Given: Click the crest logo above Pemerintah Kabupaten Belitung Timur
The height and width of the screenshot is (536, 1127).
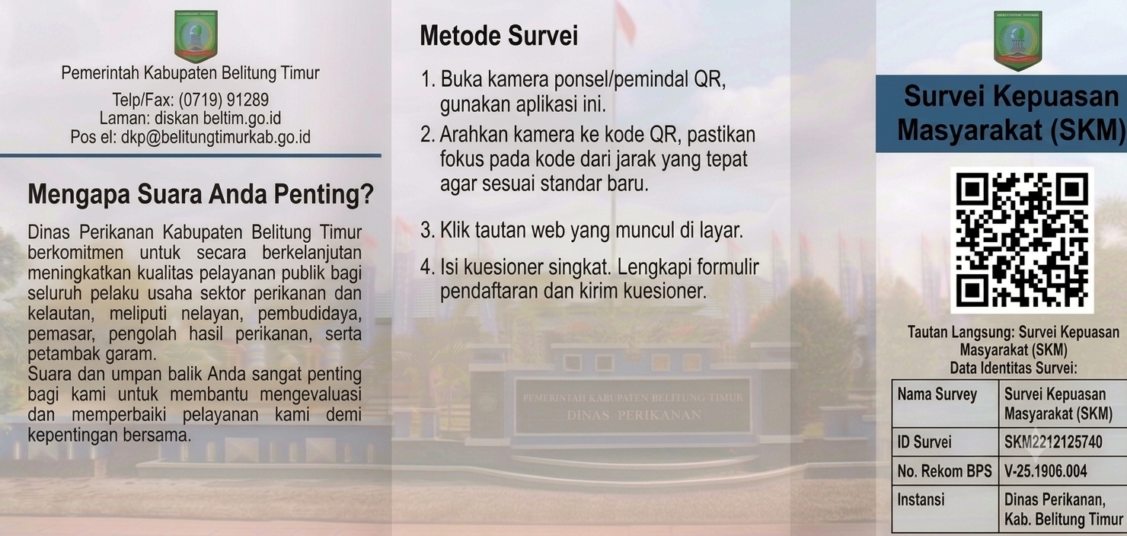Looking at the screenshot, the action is pyautogui.click(x=196, y=37).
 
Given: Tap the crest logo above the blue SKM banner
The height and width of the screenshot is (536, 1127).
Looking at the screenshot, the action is pyautogui.click(x=1018, y=40).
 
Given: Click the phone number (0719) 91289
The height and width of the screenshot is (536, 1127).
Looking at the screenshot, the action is pyautogui.click(x=224, y=100).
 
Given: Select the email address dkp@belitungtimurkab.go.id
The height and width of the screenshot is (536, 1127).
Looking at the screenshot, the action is pyautogui.click(x=216, y=137).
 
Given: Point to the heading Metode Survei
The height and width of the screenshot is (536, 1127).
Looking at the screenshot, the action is pyautogui.click(x=499, y=36).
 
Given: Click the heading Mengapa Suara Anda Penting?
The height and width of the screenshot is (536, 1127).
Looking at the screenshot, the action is pyautogui.click(x=201, y=194).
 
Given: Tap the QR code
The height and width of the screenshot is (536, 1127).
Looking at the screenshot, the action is pyautogui.click(x=1022, y=241).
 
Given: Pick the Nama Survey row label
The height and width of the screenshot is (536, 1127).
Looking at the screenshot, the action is pyautogui.click(x=937, y=394).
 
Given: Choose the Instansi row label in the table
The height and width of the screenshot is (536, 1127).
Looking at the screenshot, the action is pyautogui.click(x=921, y=499).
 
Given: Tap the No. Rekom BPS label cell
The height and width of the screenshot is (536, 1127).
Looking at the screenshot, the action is pyautogui.click(x=945, y=471).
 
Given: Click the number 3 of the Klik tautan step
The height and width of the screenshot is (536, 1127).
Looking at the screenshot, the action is pyautogui.click(x=427, y=230).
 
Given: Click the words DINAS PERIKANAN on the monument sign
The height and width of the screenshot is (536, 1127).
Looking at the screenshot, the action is pyautogui.click(x=634, y=416).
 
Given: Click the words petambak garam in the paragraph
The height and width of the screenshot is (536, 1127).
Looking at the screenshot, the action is pyautogui.click(x=92, y=354).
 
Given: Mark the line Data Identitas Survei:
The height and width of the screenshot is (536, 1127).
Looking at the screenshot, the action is pyautogui.click(x=1014, y=368).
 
